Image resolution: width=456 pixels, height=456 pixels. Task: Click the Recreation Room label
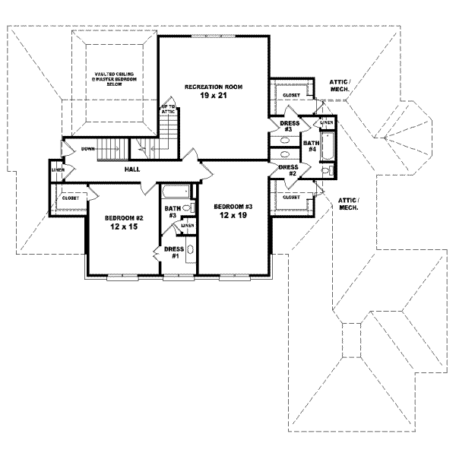coord(213,87)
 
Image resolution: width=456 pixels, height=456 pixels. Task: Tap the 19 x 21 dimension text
coord(213,97)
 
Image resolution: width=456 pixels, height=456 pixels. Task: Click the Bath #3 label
coord(172,211)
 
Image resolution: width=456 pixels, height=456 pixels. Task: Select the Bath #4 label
coord(310,146)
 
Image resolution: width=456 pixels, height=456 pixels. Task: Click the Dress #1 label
coord(175,252)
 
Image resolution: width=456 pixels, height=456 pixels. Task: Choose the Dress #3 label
coord(288,125)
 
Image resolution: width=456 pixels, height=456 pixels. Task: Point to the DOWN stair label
coord(88,149)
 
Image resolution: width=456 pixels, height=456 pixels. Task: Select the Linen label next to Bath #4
coord(326,122)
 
